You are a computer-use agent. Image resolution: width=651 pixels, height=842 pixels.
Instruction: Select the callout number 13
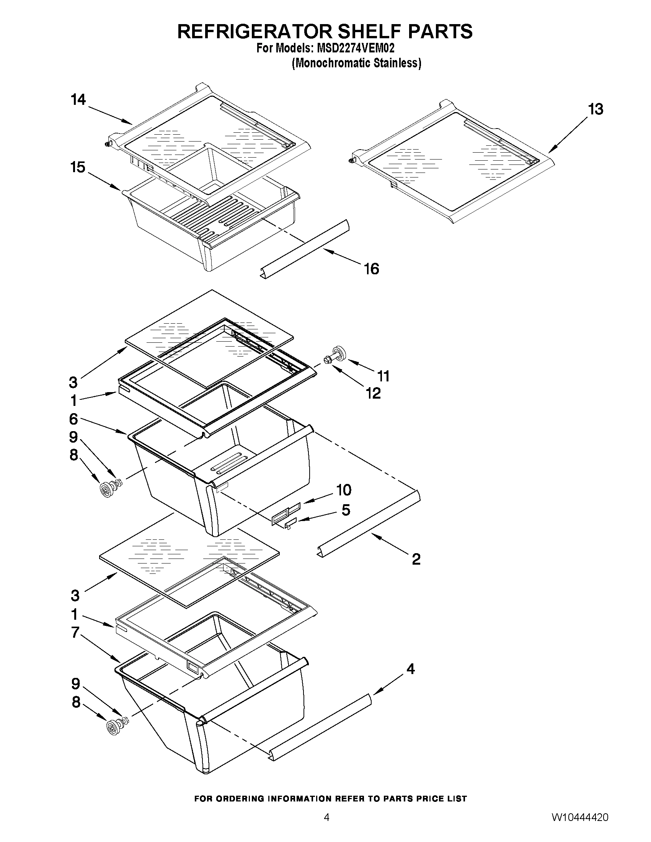coord(596,109)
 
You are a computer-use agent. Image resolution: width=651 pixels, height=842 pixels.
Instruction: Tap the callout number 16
coord(371,269)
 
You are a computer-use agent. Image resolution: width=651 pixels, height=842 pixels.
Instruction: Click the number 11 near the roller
coord(383,376)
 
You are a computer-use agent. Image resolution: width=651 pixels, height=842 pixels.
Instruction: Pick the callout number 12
coord(373,393)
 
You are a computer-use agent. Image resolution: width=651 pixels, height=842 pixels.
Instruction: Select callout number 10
coord(344,490)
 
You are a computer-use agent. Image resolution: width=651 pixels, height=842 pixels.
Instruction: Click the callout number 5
coord(346,510)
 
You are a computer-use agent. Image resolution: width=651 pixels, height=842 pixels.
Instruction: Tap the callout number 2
coord(416,559)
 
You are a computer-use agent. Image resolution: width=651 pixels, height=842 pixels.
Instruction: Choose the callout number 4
coord(411,669)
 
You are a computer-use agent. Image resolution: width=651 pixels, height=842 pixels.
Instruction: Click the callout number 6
coord(73,419)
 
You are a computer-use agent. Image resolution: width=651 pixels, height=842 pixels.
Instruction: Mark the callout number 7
coord(75,633)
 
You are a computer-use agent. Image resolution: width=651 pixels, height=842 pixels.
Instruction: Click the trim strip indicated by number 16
coord(305,249)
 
